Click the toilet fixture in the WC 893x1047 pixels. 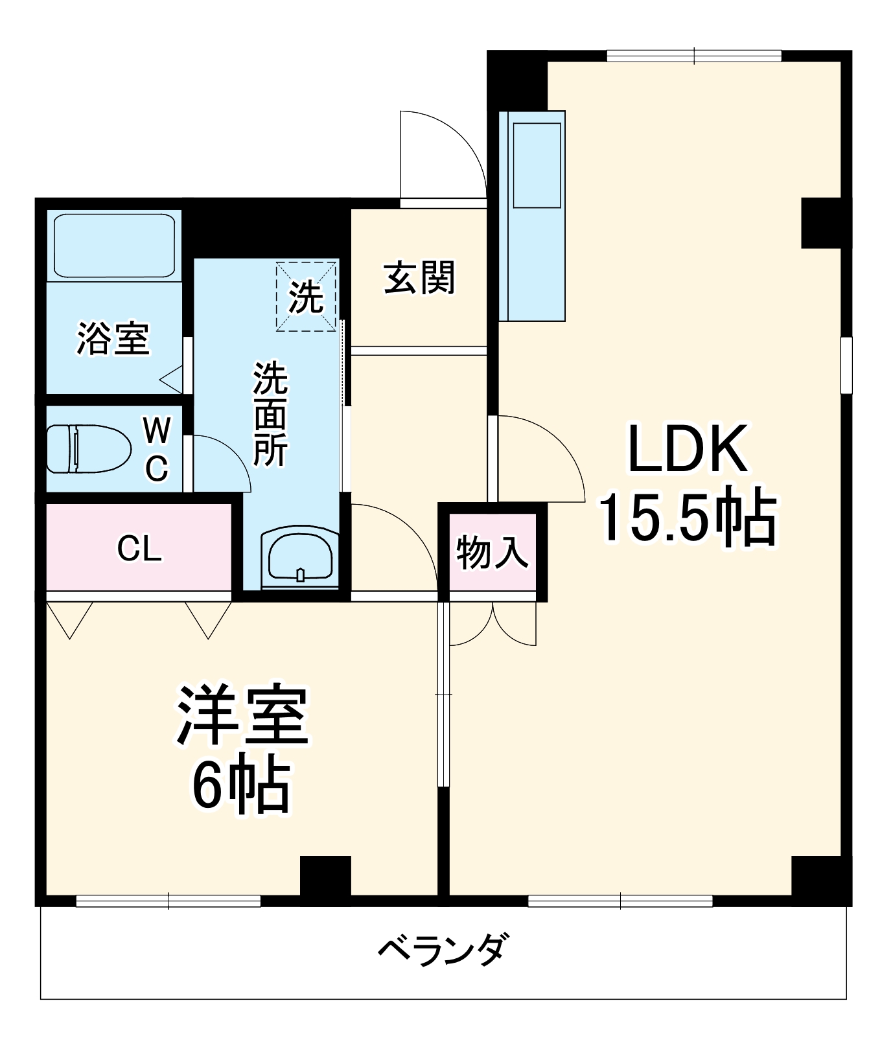(81, 449)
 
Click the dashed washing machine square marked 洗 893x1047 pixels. (306, 296)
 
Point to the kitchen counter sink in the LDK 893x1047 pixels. (537, 165)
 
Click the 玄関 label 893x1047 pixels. (419, 279)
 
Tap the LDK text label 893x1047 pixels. (687, 448)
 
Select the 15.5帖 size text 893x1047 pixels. (687, 518)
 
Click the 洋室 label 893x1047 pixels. (242, 714)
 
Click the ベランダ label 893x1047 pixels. (443, 950)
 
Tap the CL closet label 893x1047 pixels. (139, 549)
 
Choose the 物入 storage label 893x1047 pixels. (492, 553)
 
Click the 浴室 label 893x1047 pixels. (113, 338)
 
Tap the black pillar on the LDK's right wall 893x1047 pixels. (821, 223)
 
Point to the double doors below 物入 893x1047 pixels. (493, 623)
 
